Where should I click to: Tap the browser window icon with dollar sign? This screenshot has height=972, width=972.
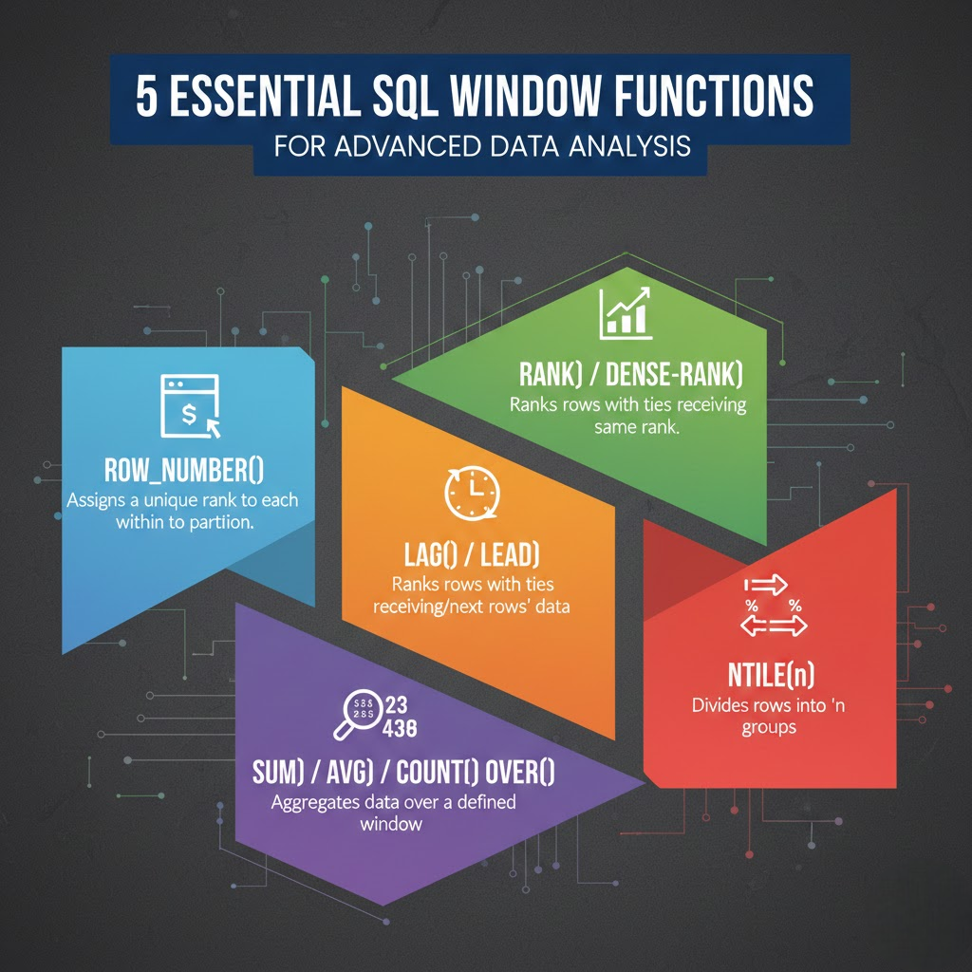[x=191, y=405]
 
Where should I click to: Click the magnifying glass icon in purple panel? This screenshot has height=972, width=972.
[x=355, y=717]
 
